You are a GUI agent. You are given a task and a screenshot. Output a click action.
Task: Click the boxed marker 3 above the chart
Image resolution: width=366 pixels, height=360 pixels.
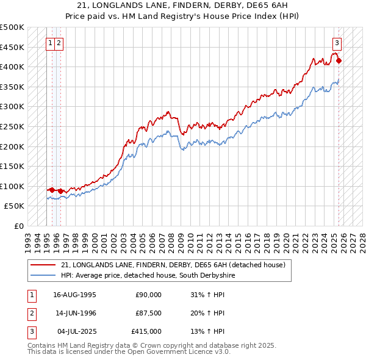click(x=337, y=43)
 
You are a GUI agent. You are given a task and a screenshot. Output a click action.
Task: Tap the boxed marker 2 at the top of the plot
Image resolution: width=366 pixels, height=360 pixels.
click(x=59, y=43)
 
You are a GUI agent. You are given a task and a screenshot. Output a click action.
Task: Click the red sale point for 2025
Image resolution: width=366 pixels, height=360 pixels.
click(x=339, y=60)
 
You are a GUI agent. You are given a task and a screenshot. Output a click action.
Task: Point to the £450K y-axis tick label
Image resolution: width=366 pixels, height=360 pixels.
click(x=12, y=47)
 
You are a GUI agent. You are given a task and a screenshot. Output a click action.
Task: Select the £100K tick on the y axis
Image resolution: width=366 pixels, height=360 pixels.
click(x=12, y=186)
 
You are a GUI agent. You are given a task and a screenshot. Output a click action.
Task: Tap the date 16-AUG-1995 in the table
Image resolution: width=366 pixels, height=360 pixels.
click(x=74, y=295)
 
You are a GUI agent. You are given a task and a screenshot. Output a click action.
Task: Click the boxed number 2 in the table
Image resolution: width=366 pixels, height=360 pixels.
click(x=30, y=313)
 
